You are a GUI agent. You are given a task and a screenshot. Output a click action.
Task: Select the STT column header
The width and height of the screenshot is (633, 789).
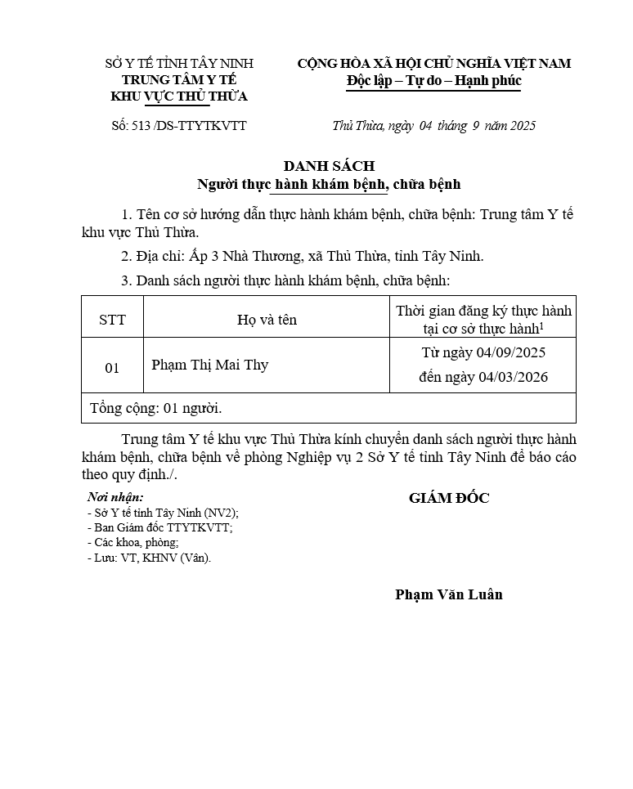point(112,320)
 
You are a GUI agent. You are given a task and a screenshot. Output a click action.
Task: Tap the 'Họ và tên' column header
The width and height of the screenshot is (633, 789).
point(267,320)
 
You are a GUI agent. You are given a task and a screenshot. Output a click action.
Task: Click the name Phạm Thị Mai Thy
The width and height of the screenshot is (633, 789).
point(209,365)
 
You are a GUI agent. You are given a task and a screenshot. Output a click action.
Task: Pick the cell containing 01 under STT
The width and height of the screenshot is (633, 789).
point(112,368)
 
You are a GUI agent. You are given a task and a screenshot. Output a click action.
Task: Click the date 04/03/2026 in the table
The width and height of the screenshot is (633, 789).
point(513,377)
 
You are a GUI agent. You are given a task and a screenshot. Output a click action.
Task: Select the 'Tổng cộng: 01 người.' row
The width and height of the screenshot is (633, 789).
point(155,407)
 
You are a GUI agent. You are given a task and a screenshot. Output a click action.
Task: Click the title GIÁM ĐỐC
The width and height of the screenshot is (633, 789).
point(449,498)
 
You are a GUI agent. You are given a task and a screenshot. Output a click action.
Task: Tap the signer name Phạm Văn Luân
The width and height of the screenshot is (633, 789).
point(448,594)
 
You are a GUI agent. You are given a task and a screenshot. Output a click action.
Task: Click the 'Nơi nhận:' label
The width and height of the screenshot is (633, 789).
point(115,497)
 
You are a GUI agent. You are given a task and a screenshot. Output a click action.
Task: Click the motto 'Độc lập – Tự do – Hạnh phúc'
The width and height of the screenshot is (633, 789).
point(433,81)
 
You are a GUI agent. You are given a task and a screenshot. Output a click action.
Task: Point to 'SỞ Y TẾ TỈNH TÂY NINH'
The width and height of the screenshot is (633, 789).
point(179,63)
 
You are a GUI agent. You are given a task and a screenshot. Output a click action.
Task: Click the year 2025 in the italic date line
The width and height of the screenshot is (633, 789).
point(519,126)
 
